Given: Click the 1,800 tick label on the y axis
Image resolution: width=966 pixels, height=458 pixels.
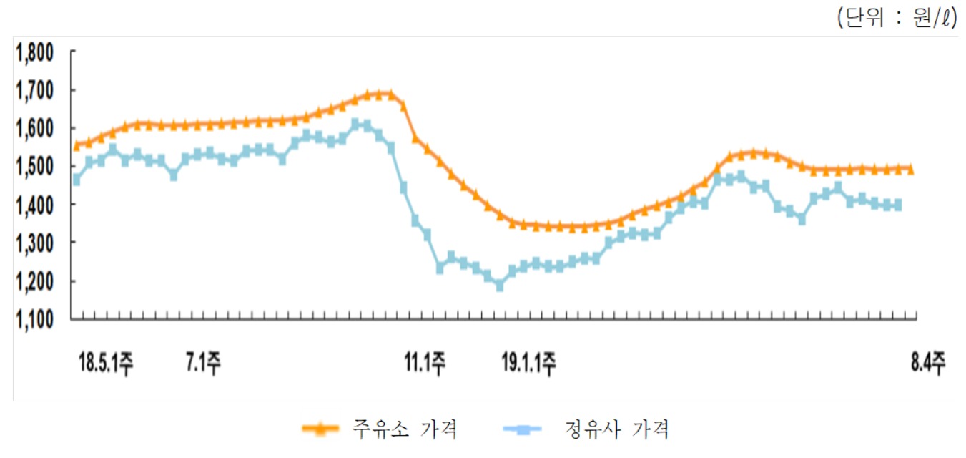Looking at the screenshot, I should (34, 53).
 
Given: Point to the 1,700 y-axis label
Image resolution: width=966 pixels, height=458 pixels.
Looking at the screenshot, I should (34, 91).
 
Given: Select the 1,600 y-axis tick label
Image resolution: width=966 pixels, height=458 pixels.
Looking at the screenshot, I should (34, 129).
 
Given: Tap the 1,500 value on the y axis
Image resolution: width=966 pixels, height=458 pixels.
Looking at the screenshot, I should (34, 167).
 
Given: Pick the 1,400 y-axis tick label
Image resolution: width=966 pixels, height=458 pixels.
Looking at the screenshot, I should (34, 205).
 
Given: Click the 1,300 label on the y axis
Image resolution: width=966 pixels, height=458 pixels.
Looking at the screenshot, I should (34, 243).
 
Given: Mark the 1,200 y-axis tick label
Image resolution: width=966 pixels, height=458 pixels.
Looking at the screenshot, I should (34, 281).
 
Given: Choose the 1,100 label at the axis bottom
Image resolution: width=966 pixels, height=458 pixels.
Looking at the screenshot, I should (34, 319).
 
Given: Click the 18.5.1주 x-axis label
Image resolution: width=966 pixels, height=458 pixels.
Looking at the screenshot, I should (105, 364).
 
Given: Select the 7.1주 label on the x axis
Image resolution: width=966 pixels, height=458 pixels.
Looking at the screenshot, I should (203, 364).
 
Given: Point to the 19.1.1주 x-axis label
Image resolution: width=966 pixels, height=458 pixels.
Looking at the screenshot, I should (529, 364).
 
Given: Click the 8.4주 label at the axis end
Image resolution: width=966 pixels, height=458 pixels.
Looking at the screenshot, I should (928, 364).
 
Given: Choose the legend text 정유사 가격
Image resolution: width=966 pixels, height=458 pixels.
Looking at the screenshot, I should (616, 430).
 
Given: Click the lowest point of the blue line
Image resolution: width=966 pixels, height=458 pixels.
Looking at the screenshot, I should (500, 286).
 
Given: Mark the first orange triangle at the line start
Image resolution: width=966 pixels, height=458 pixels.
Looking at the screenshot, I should (77, 145).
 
